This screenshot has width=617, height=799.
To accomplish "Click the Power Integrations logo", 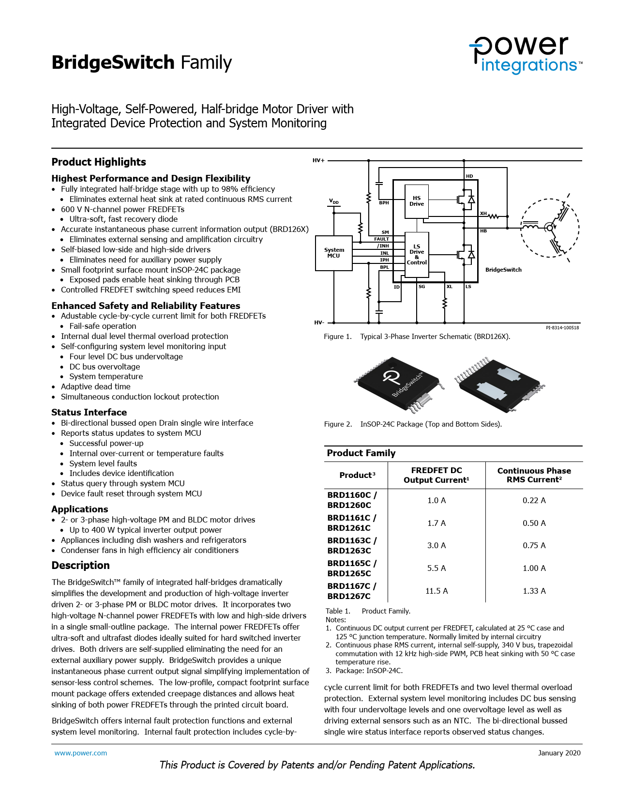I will click(525, 54).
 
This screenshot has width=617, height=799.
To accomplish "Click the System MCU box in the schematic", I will click(333, 253).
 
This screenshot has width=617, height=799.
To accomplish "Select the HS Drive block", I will click(417, 201).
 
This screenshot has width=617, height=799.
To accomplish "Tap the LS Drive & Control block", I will click(417, 255).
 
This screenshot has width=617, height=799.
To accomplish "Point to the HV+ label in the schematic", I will click(318, 160).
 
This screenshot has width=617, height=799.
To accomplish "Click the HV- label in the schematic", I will click(319, 323).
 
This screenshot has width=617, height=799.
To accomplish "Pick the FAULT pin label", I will click(381, 239).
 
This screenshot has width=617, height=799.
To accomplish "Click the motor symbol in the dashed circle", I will click(549, 227).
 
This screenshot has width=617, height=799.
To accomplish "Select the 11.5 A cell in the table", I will click(436, 591).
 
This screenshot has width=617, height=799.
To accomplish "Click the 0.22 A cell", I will click(534, 500).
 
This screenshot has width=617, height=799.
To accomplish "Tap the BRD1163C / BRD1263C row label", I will click(352, 545).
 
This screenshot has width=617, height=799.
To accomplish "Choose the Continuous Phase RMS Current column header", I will click(534, 475).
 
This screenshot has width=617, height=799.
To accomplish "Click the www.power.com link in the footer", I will click(81, 753).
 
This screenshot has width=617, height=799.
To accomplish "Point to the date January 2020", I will click(559, 753).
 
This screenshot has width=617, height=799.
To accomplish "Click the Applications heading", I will click(80, 509).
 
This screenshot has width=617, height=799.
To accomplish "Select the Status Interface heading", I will click(89, 413).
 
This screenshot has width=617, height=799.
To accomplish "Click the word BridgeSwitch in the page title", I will click(113, 62).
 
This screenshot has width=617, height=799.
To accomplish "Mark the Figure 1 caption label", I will click(338, 337).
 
